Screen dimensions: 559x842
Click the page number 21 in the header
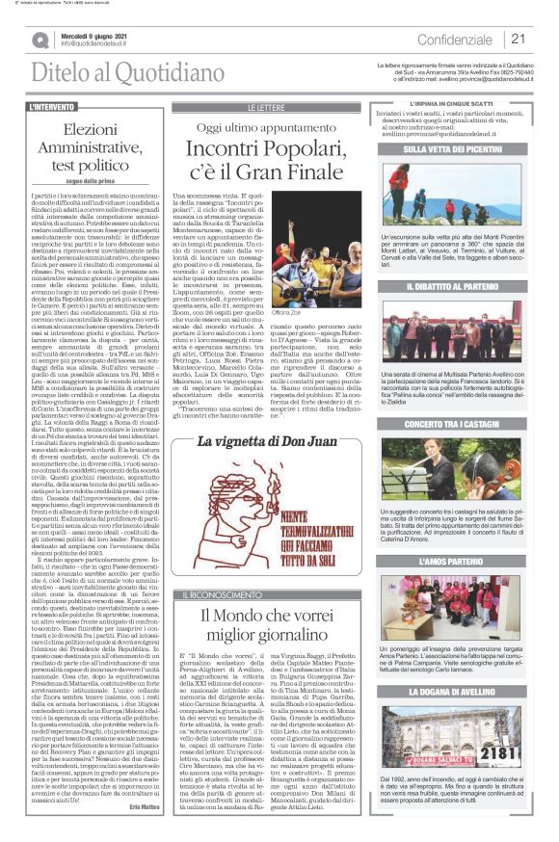coord(517,39)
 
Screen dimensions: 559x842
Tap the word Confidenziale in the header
coord(455,39)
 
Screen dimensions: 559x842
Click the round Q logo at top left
coord(40,39)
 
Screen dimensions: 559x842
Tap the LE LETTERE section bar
coord(266,107)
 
